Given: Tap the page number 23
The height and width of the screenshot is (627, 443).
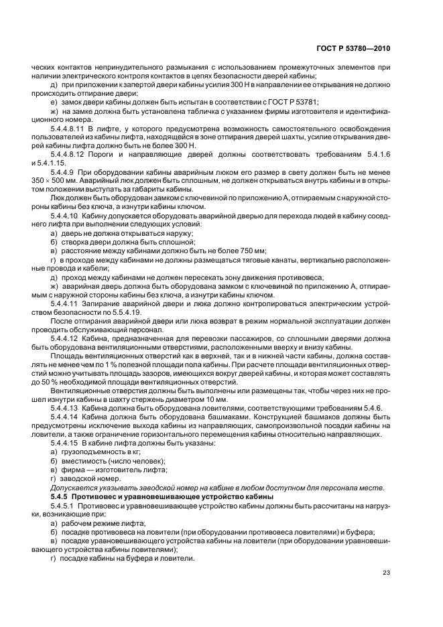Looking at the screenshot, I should click(386, 572).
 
